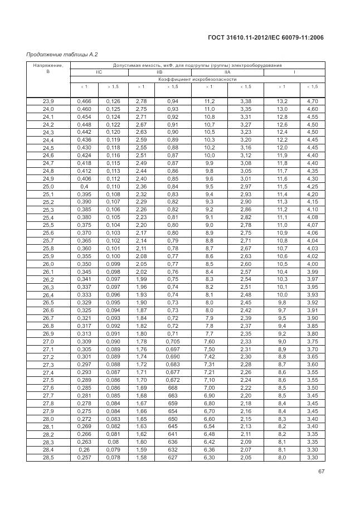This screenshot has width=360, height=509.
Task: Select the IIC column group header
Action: point(99,72)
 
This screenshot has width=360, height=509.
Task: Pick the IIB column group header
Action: point(159,72)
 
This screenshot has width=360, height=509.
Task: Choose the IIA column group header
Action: point(227,72)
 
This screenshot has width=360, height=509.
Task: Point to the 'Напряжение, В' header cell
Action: point(48,69)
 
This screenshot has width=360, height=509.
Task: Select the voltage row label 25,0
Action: point(48,186)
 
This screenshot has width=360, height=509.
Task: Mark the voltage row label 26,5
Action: point(48,302)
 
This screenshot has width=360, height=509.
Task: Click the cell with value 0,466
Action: point(84,101)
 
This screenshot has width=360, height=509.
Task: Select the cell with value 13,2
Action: point(282,101)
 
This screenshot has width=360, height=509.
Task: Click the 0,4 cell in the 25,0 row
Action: point(84,186)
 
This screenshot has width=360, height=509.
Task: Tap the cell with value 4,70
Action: point(312,101)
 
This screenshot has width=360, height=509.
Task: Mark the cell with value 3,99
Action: point(312,271)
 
